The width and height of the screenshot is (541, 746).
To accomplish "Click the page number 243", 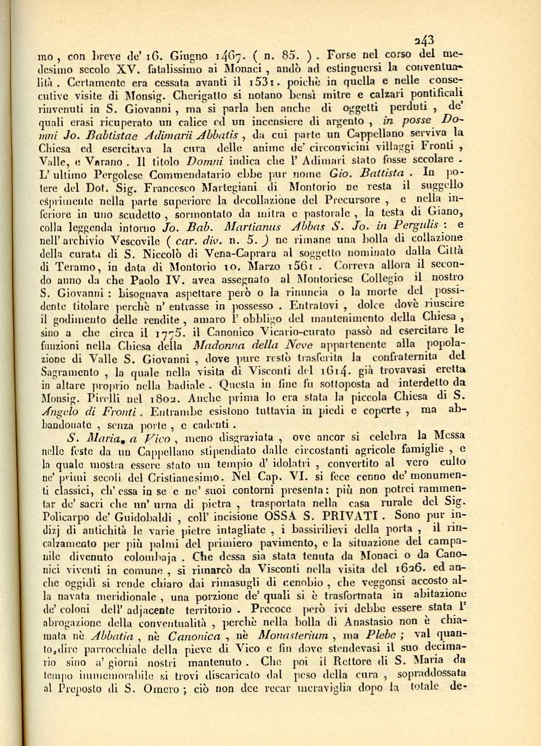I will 424,40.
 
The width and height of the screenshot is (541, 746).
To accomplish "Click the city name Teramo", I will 73,267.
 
